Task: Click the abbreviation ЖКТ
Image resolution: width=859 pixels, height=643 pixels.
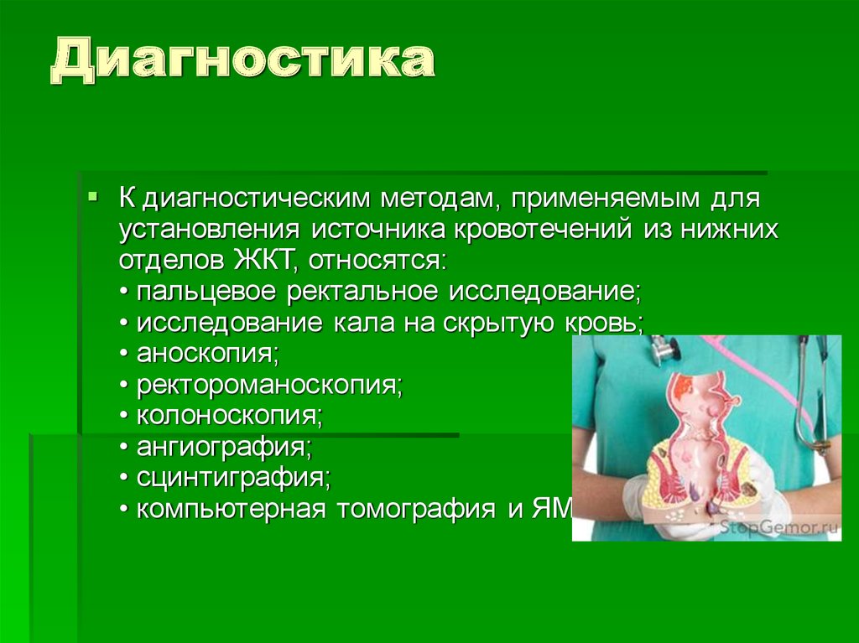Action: [x=262, y=259]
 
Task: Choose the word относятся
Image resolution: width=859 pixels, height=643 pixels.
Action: [x=379, y=259]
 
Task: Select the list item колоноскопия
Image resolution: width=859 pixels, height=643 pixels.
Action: [x=227, y=416]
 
